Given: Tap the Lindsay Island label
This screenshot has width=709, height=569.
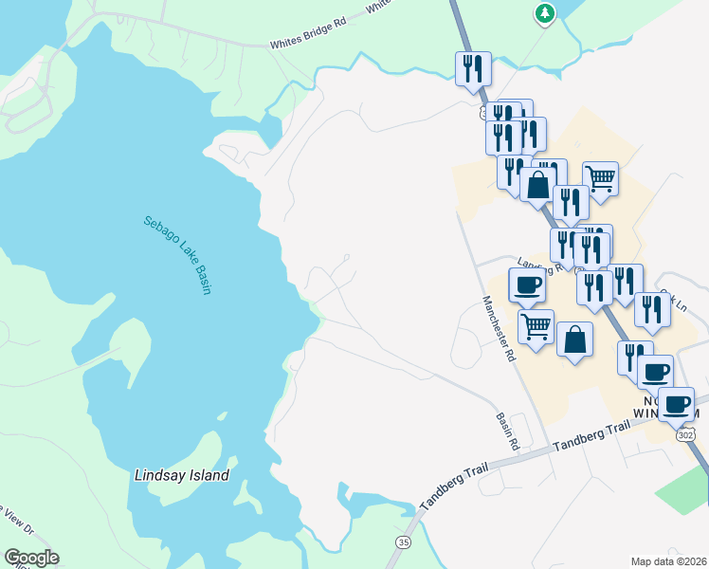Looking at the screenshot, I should coord(182,473).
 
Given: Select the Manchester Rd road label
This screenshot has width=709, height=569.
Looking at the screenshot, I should coord(498,329).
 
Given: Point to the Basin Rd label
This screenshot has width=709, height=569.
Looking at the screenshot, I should coord(509,431).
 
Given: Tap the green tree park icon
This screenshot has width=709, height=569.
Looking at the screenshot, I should coord(544,13).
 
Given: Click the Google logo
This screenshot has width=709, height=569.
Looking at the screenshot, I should coord(30,558).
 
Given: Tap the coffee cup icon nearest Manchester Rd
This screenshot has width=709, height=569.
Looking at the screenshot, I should coord(527,284).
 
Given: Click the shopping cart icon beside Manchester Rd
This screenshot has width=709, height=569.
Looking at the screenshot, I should coord(536,326).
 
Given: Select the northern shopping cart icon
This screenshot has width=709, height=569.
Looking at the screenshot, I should coord(600,177).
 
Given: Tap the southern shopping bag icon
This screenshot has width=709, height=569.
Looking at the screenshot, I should coord(574,339).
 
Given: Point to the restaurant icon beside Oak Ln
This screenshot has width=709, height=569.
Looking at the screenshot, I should coord(652,308).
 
